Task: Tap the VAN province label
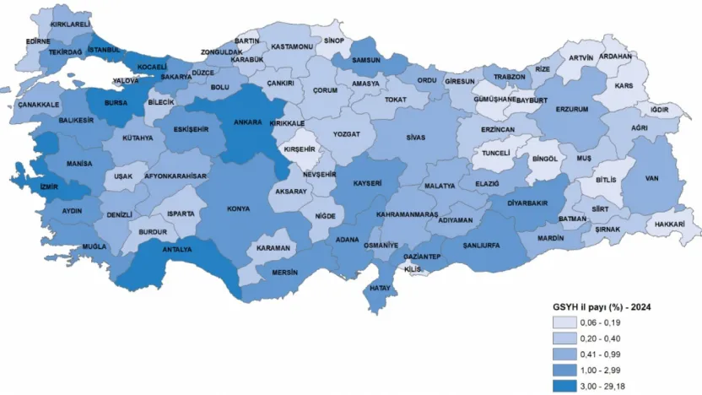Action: [651, 178]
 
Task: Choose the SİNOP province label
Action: [334, 40]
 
